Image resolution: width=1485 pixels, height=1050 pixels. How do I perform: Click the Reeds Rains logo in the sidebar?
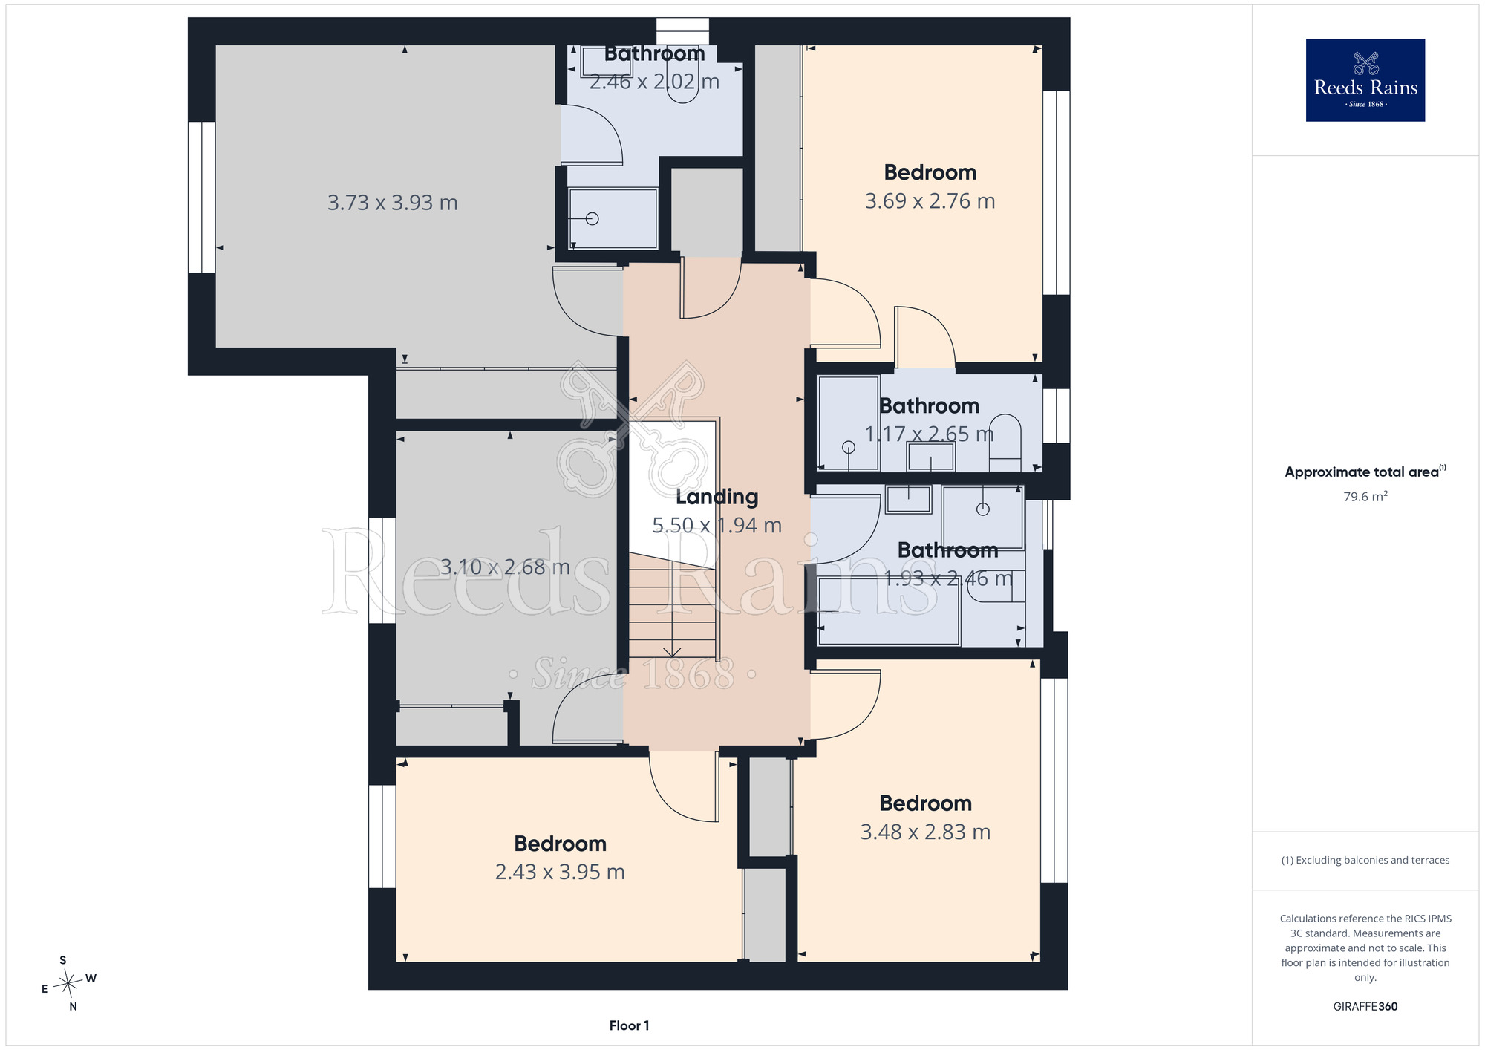pyautogui.click(x=1365, y=80)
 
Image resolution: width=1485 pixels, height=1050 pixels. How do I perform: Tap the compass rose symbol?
pyautogui.click(x=68, y=984)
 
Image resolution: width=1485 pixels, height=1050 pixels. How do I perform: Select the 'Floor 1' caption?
pyautogui.click(x=629, y=1025)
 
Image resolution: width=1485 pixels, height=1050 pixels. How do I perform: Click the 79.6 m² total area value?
pyautogui.click(x=1365, y=496)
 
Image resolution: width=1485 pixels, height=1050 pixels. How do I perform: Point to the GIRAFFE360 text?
pyautogui.click(x=1365, y=1006)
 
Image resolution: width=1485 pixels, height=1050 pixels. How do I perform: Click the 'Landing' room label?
pyautogui.click(x=717, y=497)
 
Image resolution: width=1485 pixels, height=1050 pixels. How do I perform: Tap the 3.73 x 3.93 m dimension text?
pyautogui.click(x=392, y=202)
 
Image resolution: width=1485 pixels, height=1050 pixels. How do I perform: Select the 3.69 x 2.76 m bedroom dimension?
pyautogui.click(x=930, y=200)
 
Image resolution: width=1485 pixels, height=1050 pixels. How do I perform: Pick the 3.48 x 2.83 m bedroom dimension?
pyautogui.click(x=925, y=832)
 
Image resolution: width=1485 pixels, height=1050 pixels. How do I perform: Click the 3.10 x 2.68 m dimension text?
pyautogui.click(x=505, y=567)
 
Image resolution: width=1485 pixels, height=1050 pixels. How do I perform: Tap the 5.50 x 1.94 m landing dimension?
pyautogui.click(x=717, y=525)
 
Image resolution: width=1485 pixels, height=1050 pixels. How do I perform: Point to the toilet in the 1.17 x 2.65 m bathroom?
pyautogui.click(x=1005, y=443)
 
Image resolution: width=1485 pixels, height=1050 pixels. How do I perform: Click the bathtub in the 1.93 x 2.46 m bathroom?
pyautogui.click(x=889, y=610)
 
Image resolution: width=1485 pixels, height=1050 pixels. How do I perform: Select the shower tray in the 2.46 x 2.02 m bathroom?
pyautogui.click(x=613, y=218)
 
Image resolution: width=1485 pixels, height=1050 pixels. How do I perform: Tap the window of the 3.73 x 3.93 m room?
pyautogui.click(x=201, y=198)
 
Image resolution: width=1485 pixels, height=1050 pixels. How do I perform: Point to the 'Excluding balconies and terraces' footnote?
pyautogui.click(x=1365, y=860)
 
